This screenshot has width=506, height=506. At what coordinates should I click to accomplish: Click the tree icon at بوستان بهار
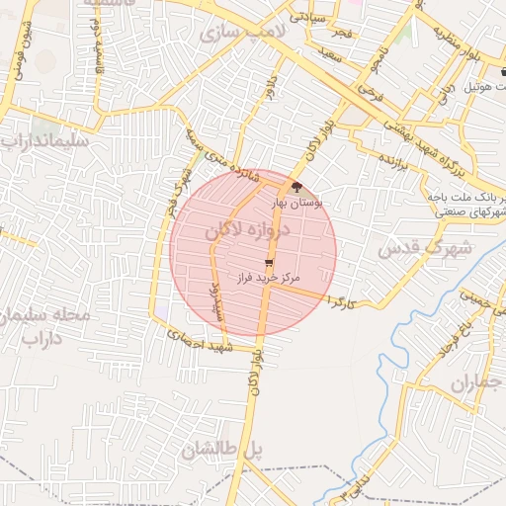pos(298,185)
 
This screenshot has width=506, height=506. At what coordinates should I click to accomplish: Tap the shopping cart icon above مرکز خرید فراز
pos(268,263)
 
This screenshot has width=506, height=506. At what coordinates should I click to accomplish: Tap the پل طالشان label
pos(223,450)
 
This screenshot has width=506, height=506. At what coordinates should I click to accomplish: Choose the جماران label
pos(476,382)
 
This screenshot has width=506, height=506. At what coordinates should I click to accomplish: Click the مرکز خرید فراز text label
pos(267,279)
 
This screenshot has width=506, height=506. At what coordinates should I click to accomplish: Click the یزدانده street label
pos(394,160)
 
